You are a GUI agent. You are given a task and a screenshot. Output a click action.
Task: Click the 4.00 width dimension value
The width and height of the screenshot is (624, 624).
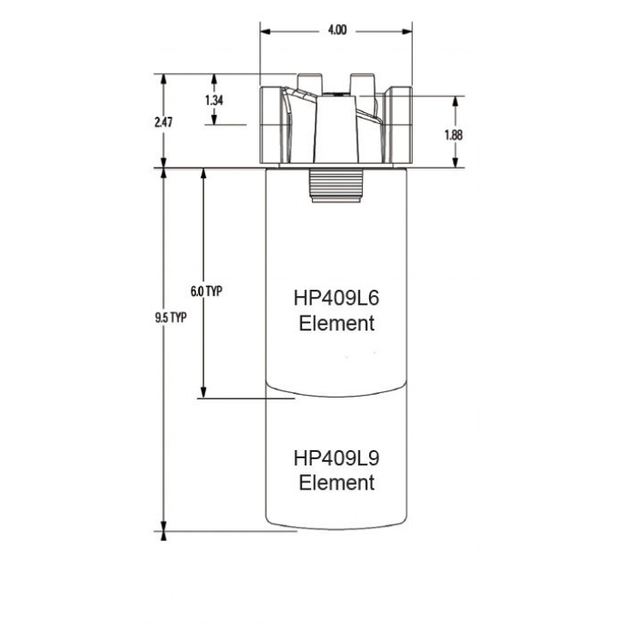coord(337,29)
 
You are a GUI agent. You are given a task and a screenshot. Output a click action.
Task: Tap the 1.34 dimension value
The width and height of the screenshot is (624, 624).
coord(214,100)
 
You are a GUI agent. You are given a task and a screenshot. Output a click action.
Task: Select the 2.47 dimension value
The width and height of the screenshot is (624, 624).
coord(163,122)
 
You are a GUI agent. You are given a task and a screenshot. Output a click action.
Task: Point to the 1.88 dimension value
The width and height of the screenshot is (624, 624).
coord(454,135)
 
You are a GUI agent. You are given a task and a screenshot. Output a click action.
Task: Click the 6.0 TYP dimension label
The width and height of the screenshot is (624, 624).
coord(207,291)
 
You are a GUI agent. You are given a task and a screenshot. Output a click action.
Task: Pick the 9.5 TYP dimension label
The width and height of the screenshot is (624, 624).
coord(171,317)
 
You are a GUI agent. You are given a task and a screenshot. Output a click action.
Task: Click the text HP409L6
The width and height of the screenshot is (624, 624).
coord(337,298)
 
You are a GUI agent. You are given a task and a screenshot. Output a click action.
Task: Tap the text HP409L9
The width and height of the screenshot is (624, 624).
coord(337,457)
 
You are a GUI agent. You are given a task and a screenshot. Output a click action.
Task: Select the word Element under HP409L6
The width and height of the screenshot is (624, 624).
coord(337,323)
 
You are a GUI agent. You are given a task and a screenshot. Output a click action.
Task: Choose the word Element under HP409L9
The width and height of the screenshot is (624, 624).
coord(337,482)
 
